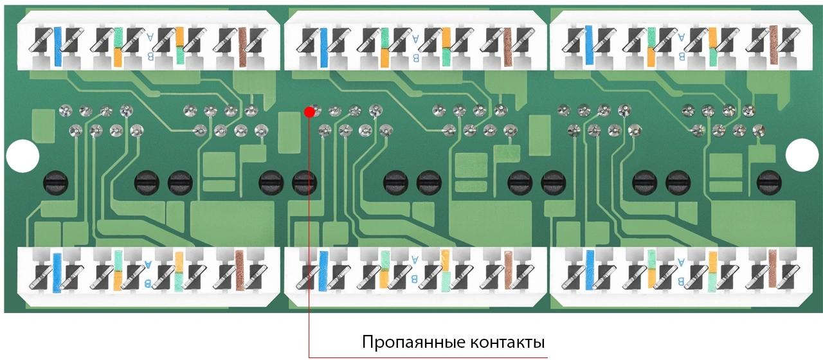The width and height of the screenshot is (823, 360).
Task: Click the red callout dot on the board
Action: click(309, 112)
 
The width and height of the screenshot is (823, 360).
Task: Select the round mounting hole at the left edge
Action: click(23, 156)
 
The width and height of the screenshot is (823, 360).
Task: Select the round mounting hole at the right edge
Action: click(801, 156)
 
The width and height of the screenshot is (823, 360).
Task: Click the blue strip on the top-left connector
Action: click(58, 46)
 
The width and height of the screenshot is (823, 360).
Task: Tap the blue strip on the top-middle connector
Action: click(323, 48)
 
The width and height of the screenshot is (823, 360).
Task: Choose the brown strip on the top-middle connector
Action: click(507, 48)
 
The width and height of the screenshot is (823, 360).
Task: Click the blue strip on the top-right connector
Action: click(589, 45)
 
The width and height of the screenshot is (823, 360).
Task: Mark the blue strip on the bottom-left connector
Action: click(57, 273)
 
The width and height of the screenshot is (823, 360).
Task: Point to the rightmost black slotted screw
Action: click(769, 183)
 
